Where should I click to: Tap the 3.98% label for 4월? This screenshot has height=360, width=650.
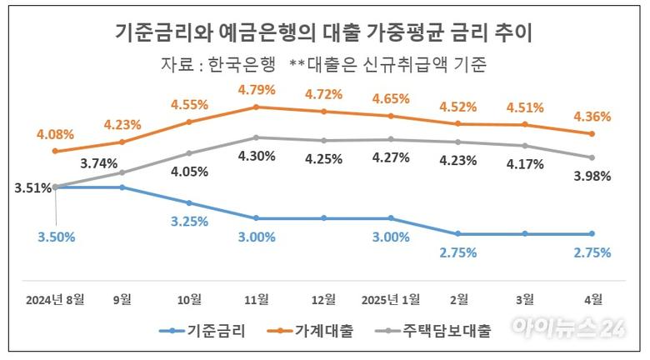592,176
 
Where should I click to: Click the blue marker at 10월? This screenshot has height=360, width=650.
189,202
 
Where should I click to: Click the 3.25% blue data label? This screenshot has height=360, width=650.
189,222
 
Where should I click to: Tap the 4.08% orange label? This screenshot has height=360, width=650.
55,133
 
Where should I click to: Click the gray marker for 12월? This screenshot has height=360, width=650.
323,141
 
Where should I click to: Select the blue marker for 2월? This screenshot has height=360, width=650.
457,234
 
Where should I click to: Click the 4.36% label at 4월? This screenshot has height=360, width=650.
592,116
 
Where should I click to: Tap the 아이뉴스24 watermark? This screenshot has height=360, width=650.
568,327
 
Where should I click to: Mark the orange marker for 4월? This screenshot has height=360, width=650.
592,134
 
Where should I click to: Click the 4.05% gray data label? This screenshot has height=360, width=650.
189,172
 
